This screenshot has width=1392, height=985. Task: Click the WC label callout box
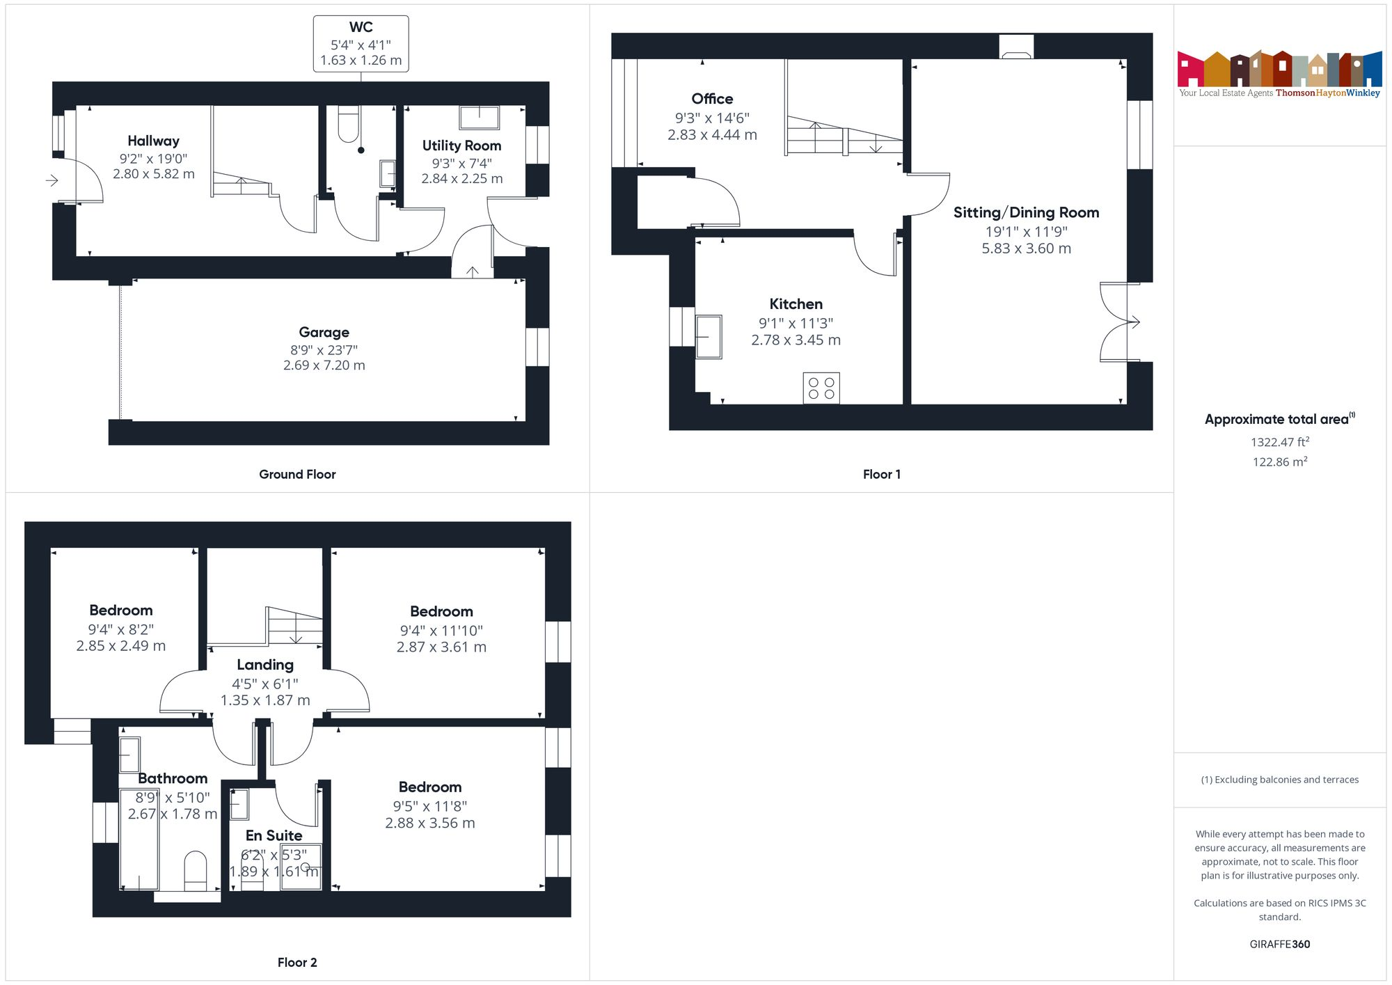(x=361, y=44)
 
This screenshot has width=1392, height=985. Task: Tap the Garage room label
(x=324, y=333)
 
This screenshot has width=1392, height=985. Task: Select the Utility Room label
(x=461, y=146)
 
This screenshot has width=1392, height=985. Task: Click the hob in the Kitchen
(x=821, y=388)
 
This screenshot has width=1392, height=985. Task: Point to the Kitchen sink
(x=709, y=337)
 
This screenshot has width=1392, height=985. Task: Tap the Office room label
(x=712, y=99)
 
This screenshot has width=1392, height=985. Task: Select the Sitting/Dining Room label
(x=1026, y=213)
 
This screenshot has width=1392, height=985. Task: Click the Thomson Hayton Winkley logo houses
(x=1279, y=69)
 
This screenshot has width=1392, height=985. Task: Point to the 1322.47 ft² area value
(x=1280, y=442)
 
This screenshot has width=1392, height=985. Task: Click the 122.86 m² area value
(x=1280, y=462)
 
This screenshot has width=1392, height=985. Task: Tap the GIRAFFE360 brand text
(x=1279, y=945)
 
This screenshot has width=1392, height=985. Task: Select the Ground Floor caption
(x=297, y=475)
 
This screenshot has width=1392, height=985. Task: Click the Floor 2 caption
(x=297, y=963)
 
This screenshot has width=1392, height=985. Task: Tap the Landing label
(x=265, y=665)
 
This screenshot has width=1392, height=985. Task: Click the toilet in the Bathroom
(x=196, y=870)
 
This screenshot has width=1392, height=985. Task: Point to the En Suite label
(x=274, y=836)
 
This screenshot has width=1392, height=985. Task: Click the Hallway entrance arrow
(x=52, y=181)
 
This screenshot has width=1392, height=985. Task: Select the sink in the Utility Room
(x=479, y=118)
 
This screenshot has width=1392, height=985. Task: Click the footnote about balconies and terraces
(x=1279, y=780)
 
